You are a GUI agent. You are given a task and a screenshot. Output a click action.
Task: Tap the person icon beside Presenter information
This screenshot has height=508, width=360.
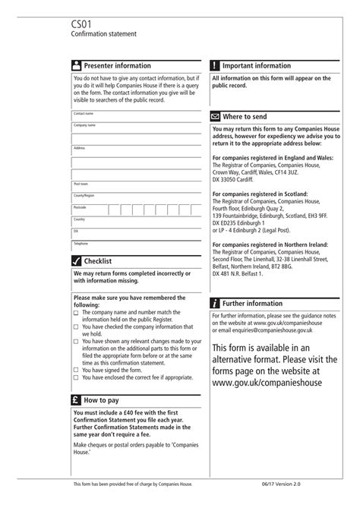click(x=77, y=66)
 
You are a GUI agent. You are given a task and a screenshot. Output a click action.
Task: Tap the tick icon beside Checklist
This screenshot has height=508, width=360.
click(x=77, y=261)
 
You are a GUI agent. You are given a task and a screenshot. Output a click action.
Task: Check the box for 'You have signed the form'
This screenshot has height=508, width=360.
click(x=76, y=371)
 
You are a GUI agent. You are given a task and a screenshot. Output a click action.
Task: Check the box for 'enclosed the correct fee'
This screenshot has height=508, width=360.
click(x=76, y=377)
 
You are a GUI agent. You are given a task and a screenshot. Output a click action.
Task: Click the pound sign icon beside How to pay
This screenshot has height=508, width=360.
click(x=77, y=399)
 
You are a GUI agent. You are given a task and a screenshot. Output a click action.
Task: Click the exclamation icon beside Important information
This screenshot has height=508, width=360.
click(x=216, y=66)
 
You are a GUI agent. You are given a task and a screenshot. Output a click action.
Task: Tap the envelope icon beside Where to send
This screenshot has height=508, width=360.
click(x=216, y=118)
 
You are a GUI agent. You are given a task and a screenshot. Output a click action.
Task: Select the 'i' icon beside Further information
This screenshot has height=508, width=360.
click(x=216, y=303)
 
